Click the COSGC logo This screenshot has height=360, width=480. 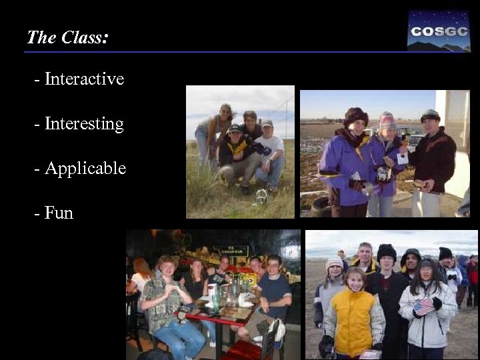[x=439, y=31]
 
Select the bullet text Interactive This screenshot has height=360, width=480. [x=83, y=79]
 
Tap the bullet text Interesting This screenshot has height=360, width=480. [x=83, y=124]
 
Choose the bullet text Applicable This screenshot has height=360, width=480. [x=85, y=169]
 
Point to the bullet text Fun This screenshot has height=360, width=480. [x=59, y=213]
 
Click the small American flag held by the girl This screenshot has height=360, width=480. [x=424, y=306]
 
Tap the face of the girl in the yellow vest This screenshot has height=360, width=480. [x=355, y=280]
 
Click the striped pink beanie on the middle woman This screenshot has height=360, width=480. [x=387, y=119]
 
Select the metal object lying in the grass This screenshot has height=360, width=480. [x=261, y=197]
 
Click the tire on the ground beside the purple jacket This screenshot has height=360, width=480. [x=321, y=205]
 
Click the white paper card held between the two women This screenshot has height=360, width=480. [x=402, y=157]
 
